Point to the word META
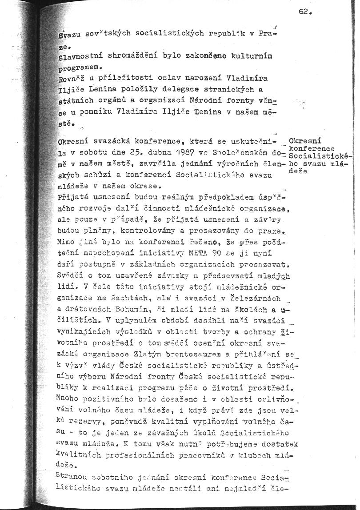pos(199,254)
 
